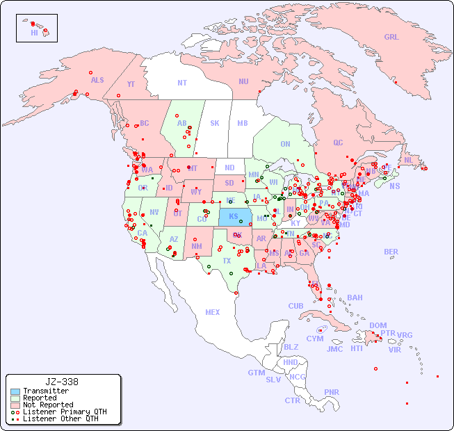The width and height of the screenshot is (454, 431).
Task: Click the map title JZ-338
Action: click(62, 382)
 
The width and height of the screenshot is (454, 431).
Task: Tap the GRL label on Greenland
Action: click(391, 38)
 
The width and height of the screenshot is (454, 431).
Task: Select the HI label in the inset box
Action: click(34, 33)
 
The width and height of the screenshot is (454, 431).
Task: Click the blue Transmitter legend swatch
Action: click(15, 391)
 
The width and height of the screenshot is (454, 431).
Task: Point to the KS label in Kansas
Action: click(234, 215)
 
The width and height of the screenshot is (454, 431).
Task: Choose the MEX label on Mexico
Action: click(212, 312)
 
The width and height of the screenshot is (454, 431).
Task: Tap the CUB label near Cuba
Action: click(295, 306)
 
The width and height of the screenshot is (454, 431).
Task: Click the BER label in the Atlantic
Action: click(391, 252)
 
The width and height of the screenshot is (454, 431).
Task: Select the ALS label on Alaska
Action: click(97, 80)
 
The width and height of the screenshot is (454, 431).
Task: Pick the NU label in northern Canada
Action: click(243, 81)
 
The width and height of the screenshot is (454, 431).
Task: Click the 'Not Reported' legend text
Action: click(48, 405)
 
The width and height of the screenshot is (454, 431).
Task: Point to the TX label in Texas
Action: click(227, 261)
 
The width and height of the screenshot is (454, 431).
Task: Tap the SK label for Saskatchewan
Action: click(215, 123)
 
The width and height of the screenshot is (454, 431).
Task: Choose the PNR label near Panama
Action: click(332, 392)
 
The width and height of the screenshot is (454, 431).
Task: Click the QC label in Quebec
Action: click(338, 143)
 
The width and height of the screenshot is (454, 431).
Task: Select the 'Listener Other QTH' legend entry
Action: click(60, 418)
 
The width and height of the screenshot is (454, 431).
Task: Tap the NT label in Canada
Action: click(181, 83)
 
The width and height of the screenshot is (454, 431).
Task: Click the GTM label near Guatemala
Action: click(256, 373)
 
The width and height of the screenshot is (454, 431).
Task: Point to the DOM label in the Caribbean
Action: click(378, 325)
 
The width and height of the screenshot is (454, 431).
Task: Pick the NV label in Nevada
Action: click(154, 212)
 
